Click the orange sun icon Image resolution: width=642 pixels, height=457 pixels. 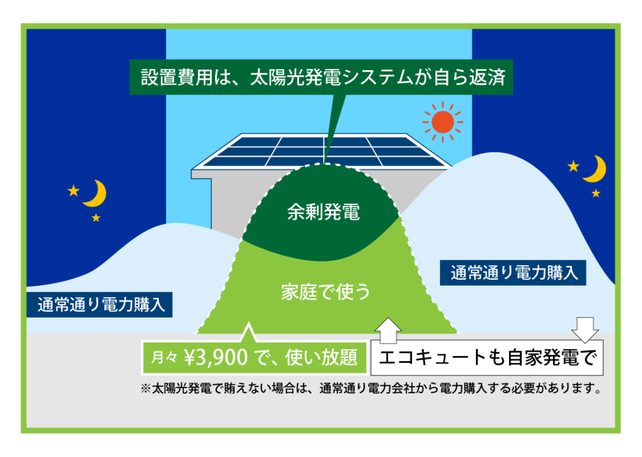443,122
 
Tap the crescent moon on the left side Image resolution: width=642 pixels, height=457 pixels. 98,194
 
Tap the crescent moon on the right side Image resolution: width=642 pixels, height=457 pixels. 597,169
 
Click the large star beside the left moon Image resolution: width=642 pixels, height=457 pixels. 74,191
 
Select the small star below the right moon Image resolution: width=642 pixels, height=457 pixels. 596,193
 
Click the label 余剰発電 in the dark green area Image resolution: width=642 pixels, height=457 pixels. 324,212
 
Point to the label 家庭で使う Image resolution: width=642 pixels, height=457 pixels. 325,292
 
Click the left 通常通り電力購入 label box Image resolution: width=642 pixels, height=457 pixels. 100,305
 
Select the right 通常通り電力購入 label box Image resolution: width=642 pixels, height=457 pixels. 513,273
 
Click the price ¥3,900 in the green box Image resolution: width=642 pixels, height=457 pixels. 216,357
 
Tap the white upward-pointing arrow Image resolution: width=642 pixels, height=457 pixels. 388,330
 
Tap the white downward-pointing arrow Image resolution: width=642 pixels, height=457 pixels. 585,330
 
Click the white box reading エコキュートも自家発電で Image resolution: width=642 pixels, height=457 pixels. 487,357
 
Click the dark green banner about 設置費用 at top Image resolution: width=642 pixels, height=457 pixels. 321,77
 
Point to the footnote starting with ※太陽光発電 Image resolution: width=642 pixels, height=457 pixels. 371,388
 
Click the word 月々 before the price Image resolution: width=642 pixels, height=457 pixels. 164,358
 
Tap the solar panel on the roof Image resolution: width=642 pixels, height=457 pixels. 322,152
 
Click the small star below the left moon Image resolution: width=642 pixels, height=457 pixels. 96,218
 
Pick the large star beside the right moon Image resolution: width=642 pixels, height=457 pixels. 574,166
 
